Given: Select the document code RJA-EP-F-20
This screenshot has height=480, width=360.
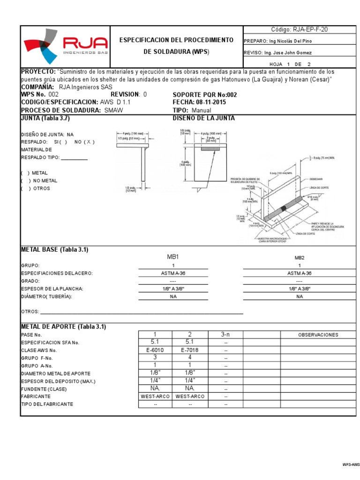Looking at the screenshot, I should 300,29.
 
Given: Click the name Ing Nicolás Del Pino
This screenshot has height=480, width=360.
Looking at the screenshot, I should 290,41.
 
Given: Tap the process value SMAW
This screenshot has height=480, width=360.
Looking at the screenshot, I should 114,110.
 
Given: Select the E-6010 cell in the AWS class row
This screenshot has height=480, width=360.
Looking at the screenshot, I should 155,350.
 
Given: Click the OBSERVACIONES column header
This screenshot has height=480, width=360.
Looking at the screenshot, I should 318,335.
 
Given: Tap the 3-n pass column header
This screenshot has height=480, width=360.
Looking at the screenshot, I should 225,334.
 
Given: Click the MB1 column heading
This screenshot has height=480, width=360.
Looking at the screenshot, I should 173,257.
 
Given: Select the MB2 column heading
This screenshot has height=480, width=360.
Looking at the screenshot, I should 299,257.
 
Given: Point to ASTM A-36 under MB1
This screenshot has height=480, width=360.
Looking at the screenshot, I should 173,273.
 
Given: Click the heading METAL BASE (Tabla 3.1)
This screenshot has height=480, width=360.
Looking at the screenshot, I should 54,249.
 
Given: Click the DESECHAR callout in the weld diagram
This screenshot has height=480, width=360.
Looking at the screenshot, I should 315,179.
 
